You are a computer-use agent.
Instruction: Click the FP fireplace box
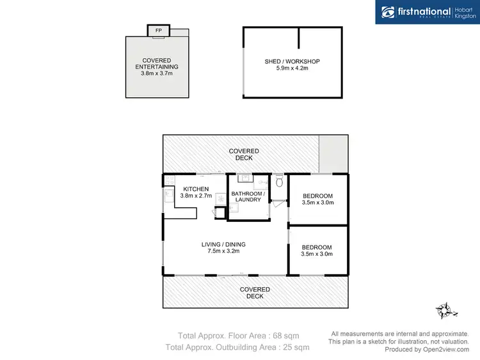point(157,30)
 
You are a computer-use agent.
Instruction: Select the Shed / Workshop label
point(292,61)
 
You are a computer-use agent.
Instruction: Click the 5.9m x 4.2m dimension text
point(292,68)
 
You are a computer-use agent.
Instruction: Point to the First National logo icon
point(387,12)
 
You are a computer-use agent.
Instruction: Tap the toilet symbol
point(278,183)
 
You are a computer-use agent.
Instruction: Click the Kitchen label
point(195,189)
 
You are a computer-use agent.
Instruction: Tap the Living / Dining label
point(223,244)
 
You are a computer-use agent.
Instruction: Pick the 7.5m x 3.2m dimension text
point(223,251)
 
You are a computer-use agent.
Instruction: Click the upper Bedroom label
point(317,196)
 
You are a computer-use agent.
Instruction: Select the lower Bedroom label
point(317,247)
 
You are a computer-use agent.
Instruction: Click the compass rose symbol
point(445,311)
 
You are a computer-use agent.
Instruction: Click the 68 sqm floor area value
point(285,335)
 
